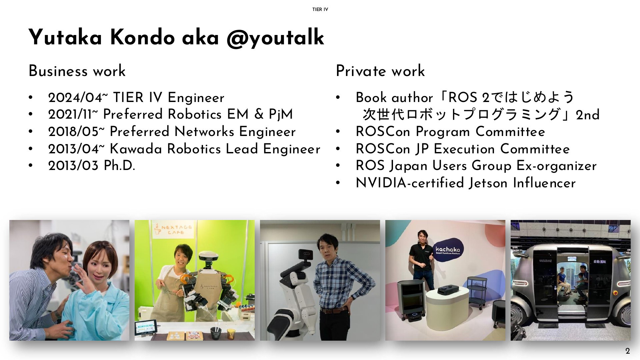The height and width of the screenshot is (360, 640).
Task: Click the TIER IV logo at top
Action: coord(320,9)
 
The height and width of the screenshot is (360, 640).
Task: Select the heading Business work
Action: coord(77,71)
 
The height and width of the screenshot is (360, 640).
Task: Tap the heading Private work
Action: coord(380,71)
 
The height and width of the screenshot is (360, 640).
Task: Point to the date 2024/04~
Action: coord(78,98)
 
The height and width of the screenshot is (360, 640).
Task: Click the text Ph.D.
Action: coord(119,166)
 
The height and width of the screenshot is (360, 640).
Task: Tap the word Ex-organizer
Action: coord(556,166)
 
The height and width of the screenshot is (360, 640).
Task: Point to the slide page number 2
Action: coord(628,351)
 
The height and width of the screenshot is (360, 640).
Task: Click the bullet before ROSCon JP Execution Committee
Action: coord(338,149)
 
